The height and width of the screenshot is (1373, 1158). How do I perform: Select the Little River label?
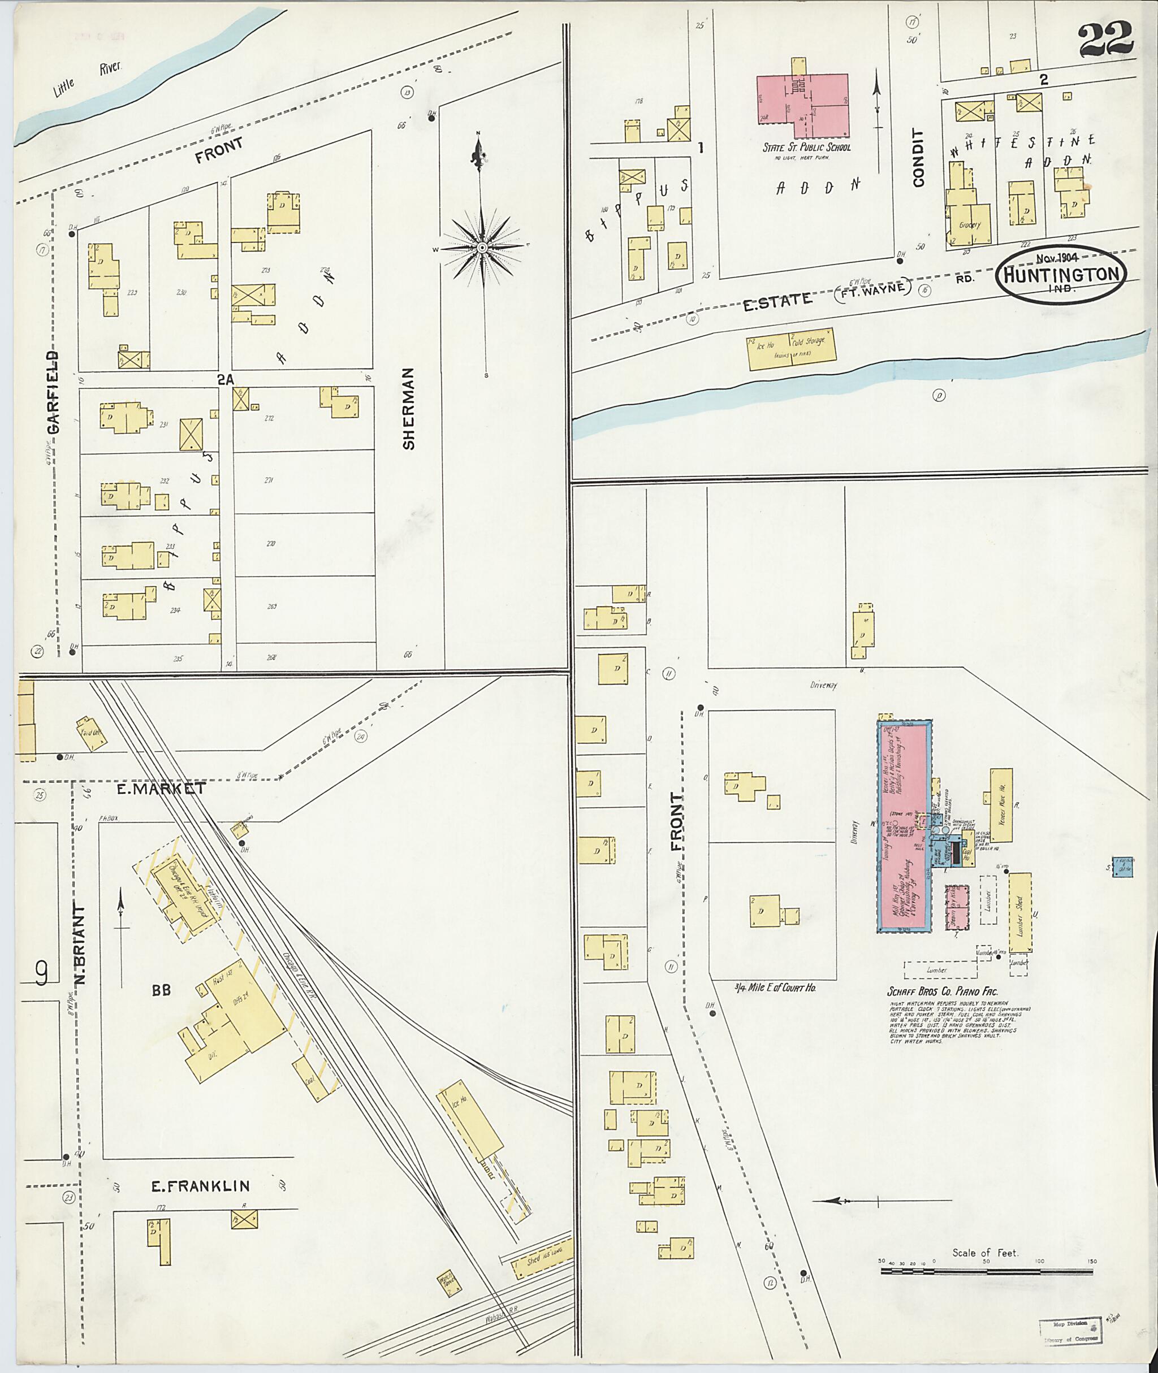coord(87,79)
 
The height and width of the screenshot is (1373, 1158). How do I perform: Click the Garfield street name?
coord(53,392)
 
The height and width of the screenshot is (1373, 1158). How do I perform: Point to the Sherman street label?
coord(408,408)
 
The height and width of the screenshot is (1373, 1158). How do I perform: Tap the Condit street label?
coord(918,158)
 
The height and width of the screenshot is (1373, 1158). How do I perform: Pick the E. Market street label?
coord(161,789)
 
